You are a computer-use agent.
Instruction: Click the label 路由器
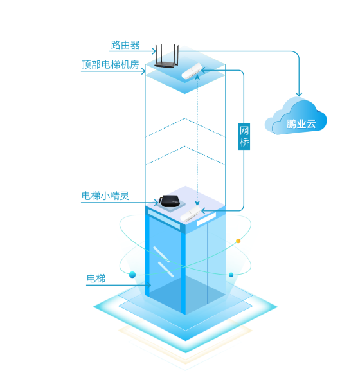point(125,45)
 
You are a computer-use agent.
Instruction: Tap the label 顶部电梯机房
point(110,64)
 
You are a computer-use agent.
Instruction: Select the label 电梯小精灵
point(105,196)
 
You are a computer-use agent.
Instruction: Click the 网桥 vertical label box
point(244,136)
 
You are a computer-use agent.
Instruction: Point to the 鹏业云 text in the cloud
point(301,123)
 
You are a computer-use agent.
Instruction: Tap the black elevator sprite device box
point(170,201)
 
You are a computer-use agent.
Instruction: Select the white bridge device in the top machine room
point(192,71)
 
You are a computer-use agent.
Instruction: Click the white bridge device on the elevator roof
point(190,214)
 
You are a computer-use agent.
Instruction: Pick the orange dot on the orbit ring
point(238,241)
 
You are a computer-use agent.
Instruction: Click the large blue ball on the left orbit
point(132,275)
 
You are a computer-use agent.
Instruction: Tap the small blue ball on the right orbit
point(231,275)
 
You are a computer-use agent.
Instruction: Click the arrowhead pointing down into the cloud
point(299,93)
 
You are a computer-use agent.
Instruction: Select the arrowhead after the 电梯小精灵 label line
point(156,203)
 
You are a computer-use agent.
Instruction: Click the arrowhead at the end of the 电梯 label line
point(148,285)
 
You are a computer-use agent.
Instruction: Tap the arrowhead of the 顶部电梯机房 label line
point(143,71)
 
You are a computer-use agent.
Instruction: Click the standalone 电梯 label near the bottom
point(96,279)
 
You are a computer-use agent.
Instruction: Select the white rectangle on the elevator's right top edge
point(206,219)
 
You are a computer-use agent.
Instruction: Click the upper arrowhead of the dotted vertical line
point(197,77)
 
